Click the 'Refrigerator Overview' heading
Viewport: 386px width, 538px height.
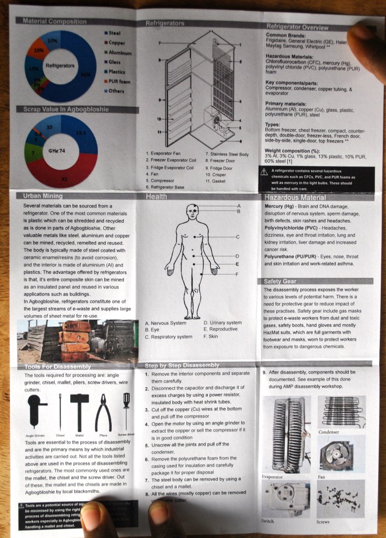(297, 26)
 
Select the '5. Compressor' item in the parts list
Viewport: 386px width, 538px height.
(163, 180)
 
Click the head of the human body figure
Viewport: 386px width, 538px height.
(192, 212)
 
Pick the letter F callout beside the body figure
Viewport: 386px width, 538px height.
(237, 274)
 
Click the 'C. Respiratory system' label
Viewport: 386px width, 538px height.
(168, 337)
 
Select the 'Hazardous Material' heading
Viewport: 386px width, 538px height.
(295, 198)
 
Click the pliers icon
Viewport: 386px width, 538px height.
(103, 412)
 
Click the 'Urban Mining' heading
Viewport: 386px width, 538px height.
(43, 196)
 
